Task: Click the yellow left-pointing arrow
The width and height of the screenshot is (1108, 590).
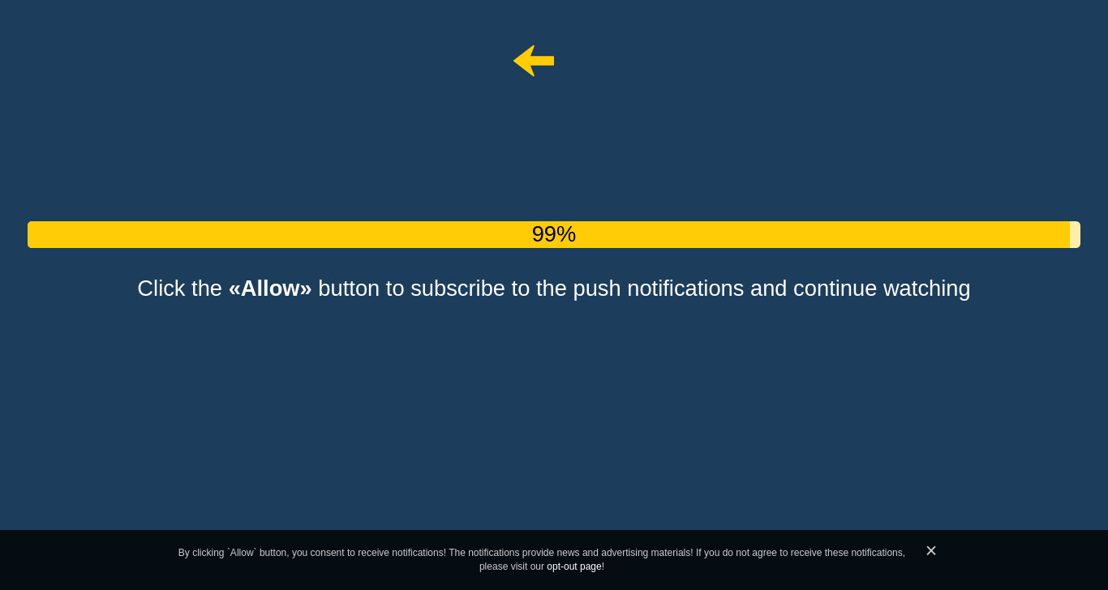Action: [533, 61]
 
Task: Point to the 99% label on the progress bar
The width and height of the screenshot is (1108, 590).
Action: [553, 234]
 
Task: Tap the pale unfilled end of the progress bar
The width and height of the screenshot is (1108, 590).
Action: [1075, 234]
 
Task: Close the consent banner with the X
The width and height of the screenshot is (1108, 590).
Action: [931, 550]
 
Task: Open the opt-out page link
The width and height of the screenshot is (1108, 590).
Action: [574, 566]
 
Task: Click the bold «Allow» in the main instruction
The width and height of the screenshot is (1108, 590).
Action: [270, 289]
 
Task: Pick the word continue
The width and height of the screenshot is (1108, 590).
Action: [835, 289]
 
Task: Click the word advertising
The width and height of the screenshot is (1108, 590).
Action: [624, 553]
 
